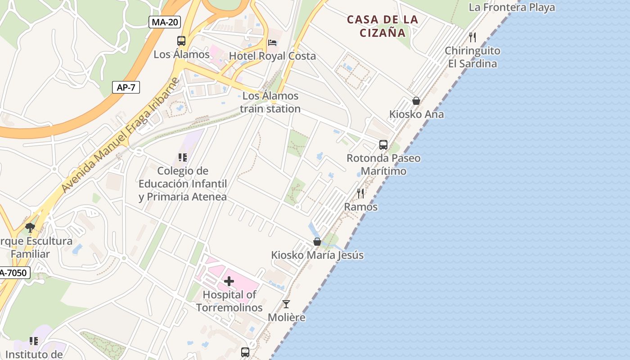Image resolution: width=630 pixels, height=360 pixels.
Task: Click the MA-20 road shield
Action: tap(164, 22)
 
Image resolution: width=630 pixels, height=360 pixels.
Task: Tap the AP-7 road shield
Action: tap(126, 87)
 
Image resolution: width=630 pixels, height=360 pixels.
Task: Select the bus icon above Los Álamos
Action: tap(181, 41)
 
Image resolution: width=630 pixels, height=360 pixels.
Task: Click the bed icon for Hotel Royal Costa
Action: tap(272, 42)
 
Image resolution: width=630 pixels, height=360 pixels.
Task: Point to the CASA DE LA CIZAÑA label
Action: tap(383, 26)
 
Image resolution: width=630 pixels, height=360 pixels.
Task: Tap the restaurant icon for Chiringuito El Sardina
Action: tap(472, 37)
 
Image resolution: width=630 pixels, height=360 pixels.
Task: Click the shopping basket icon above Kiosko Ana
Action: tap(416, 101)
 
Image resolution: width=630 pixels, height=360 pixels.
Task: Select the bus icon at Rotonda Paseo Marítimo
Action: tap(383, 145)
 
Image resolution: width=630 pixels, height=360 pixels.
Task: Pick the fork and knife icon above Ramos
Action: tap(360, 193)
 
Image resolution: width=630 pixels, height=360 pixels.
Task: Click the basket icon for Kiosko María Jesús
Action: tap(317, 242)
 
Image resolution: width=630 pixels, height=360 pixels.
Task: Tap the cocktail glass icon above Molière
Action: tap(286, 304)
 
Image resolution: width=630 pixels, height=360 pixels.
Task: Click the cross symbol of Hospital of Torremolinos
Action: tap(229, 282)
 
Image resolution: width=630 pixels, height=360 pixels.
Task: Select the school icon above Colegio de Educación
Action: tap(182, 157)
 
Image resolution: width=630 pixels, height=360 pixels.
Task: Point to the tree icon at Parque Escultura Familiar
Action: tap(30, 228)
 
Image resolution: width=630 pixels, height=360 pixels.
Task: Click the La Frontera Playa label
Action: tap(512, 8)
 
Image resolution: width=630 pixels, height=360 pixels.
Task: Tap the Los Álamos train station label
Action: tap(270, 102)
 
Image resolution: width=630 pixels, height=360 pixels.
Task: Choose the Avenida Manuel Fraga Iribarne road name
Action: tap(121, 135)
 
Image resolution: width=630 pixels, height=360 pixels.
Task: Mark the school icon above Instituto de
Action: tap(34, 341)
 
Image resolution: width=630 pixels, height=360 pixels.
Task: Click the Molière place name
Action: tap(287, 317)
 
